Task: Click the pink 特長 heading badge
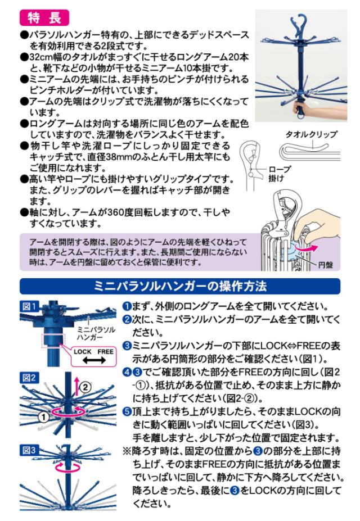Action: pos(44,17)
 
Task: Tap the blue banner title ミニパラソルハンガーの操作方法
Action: pos(180,286)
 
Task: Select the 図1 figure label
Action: pos(29,306)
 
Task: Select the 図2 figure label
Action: pos(29,378)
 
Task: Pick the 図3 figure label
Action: pos(29,450)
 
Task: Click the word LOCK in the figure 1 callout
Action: pos(83,351)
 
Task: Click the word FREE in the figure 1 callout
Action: pos(105,351)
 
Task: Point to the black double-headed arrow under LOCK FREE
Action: pos(94,360)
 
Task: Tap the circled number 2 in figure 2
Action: pos(85,387)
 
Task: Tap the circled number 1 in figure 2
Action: pos(43,416)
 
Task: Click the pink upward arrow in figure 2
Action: pos(76,387)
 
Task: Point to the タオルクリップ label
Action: pos(311,134)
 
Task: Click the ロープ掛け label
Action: pos(278,174)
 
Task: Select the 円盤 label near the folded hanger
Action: pos(326,265)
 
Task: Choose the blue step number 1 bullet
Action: pos(127,306)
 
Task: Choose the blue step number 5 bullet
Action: pos(127,411)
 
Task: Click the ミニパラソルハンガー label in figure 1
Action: pos(96,333)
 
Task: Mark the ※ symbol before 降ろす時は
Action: pos(127,451)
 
